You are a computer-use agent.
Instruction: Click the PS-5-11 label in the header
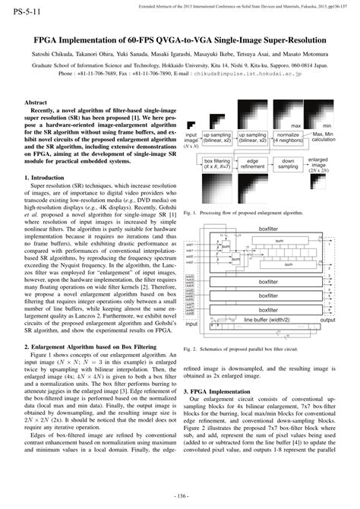[22, 14]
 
